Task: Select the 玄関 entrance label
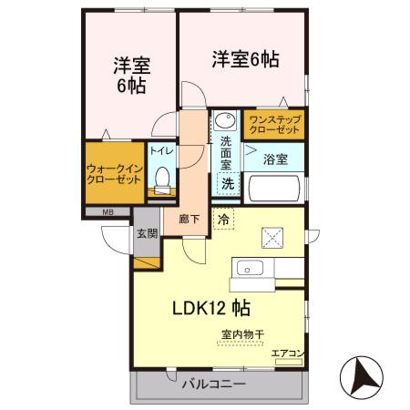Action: (148, 233)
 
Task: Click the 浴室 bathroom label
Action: (275, 159)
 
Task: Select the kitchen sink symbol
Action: (250, 269)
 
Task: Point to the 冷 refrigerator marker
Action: (223, 219)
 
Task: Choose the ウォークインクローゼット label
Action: (114, 174)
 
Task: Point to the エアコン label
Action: (287, 353)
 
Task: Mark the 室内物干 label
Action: (242, 334)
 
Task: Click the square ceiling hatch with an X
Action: (274, 239)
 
